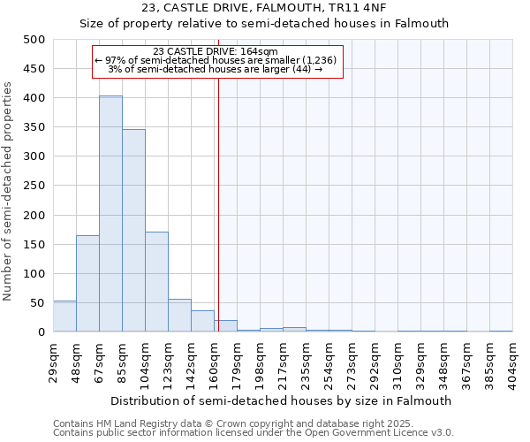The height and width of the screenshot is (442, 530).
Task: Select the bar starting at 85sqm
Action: click(133, 231)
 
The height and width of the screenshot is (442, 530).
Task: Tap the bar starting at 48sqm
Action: click(87, 284)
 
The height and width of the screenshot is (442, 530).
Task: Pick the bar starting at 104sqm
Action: click(156, 282)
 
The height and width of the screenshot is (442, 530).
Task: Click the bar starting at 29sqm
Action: click(64, 316)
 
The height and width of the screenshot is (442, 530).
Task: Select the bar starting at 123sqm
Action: click(179, 316)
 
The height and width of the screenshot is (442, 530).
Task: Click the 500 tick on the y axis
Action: click(34, 40)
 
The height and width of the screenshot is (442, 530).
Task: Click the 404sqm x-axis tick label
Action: click(513, 361)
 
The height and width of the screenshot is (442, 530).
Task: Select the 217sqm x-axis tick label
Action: click(284, 361)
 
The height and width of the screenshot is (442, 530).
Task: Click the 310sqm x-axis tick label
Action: click(398, 361)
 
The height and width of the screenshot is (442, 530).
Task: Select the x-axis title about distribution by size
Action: click(286, 400)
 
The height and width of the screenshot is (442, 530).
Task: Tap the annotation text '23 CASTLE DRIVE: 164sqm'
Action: click(216, 51)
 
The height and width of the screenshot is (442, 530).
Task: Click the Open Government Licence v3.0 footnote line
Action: click(254, 433)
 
